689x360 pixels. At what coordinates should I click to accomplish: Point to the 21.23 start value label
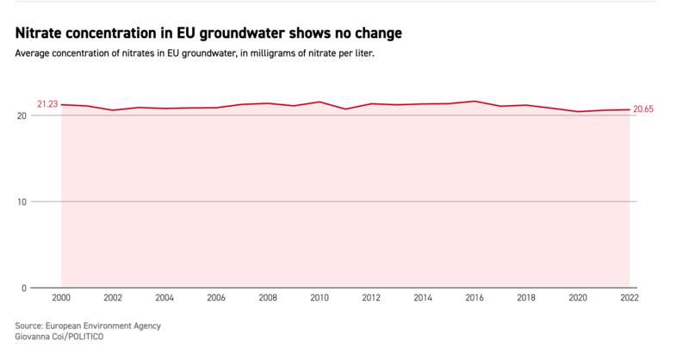point(47,104)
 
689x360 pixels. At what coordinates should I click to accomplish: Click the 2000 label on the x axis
point(61,298)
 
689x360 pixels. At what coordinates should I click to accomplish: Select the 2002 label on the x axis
point(113,298)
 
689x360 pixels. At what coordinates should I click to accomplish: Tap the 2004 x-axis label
point(164,298)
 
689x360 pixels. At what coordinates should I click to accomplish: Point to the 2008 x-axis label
point(268,298)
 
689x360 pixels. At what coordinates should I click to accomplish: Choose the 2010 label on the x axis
point(320,298)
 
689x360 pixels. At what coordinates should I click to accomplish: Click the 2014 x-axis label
point(423,298)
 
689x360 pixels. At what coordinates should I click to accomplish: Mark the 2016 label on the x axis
point(475,298)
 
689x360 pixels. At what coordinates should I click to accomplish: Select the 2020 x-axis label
point(578,298)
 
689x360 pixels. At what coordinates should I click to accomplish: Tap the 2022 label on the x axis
point(630,298)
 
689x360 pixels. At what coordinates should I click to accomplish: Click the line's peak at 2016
point(475,102)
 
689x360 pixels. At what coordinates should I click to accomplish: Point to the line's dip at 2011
point(345,109)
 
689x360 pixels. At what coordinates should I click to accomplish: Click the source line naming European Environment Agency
point(88,326)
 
